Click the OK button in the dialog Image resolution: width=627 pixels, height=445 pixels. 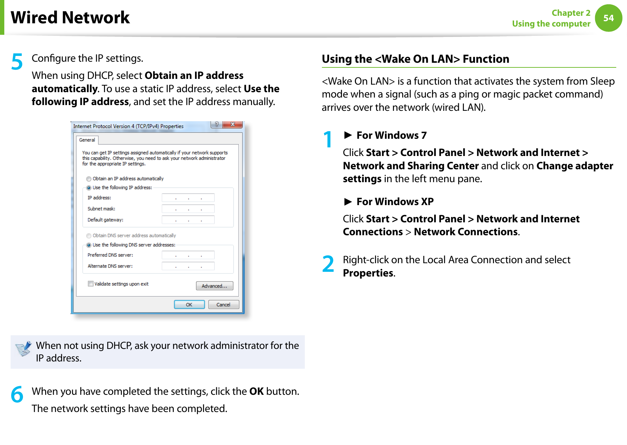[x=189, y=304]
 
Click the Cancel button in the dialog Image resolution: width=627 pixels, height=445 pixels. [x=223, y=304]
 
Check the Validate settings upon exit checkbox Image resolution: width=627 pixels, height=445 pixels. [x=91, y=284]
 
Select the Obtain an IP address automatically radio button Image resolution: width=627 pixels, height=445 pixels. [x=89, y=179]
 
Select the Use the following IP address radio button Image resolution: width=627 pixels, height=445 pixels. [x=89, y=188]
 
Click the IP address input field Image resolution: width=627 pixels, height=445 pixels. [x=188, y=198]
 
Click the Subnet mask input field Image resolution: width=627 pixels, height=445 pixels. [x=188, y=209]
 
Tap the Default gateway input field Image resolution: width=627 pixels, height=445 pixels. [x=188, y=220]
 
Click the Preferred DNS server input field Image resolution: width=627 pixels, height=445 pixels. [x=188, y=255]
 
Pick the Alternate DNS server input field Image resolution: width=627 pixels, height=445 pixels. [x=188, y=266]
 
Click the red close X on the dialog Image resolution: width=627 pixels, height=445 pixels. [x=232, y=124]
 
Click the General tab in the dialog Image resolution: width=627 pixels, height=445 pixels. [x=87, y=140]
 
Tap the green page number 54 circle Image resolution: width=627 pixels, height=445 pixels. [x=608, y=18]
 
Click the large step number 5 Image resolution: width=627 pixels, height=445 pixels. [x=17, y=62]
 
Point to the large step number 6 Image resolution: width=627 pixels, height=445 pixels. [x=17, y=394]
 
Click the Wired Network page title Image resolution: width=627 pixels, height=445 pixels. [x=70, y=18]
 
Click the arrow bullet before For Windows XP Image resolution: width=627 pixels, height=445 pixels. [x=348, y=202]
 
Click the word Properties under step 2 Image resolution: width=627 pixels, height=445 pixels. [x=368, y=273]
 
